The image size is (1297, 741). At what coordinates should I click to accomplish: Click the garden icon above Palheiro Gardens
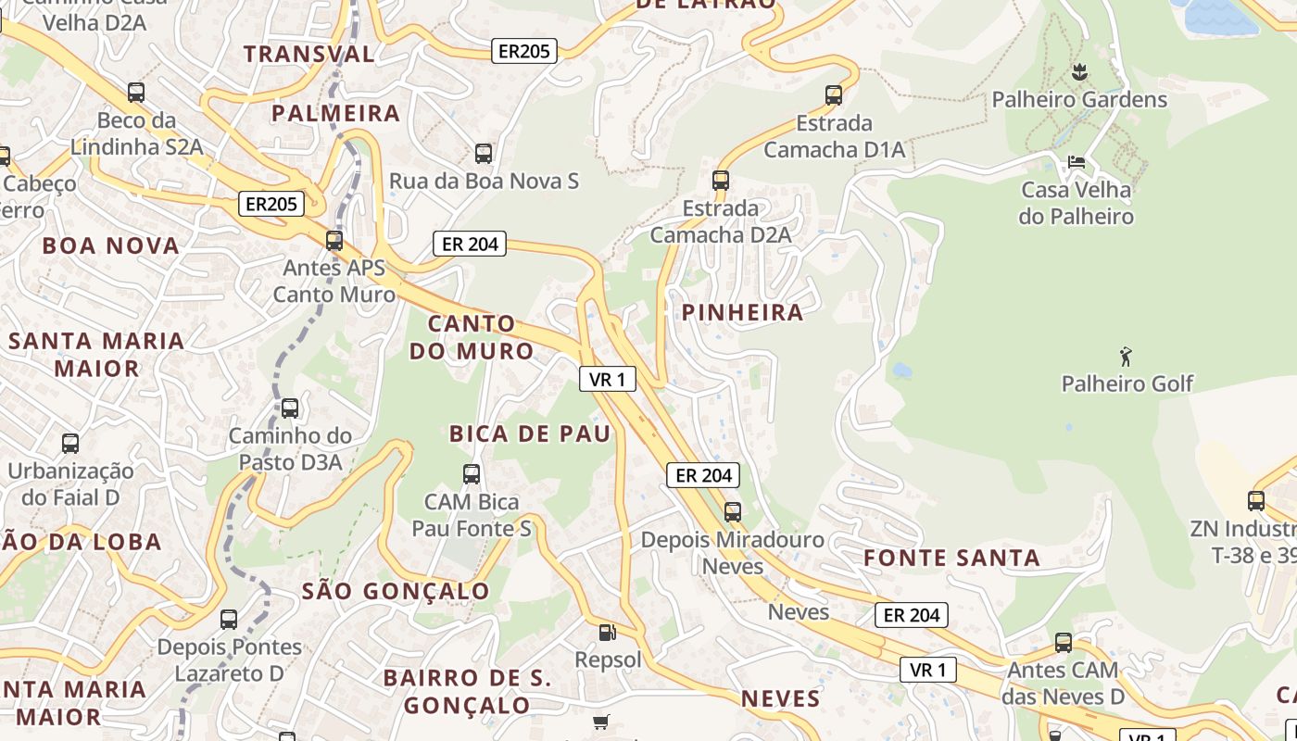click(1079, 71)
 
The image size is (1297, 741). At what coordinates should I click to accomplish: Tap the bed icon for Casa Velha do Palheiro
click(1077, 162)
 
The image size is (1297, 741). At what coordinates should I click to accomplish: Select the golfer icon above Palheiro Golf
click(1127, 357)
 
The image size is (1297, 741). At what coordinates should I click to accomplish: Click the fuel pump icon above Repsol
click(608, 633)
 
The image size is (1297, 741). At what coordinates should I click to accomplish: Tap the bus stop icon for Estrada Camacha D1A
click(834, 94)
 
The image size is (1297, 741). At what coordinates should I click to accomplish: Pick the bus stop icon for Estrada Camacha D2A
click(721, 180)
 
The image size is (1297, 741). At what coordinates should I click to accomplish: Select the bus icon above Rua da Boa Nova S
click(483, 153)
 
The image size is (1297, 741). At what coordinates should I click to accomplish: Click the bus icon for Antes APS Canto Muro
click(334, 241)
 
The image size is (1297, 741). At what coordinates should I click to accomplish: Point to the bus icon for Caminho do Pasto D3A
click(290, 408)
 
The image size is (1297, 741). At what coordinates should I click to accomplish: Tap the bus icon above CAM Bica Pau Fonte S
click(472, 474)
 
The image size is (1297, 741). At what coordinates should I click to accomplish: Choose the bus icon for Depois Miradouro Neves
click(733, 511)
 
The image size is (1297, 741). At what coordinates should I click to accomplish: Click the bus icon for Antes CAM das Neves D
click(1064, 642)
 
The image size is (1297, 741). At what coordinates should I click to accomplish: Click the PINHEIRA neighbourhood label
click(743, 313)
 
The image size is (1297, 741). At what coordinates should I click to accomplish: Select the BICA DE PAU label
click(530, 433)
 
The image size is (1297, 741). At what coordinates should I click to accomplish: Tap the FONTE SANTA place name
click(951, 558)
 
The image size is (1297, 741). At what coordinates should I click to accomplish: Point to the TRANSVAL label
click(309, 54)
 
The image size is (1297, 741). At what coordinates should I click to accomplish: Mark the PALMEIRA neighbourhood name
click(335, 114)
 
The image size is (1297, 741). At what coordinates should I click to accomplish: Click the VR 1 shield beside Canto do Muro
click(608, 378)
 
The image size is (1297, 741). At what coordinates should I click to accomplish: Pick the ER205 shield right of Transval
click(523, 51)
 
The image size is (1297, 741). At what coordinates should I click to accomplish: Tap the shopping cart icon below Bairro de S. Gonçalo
click(601, 721)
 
